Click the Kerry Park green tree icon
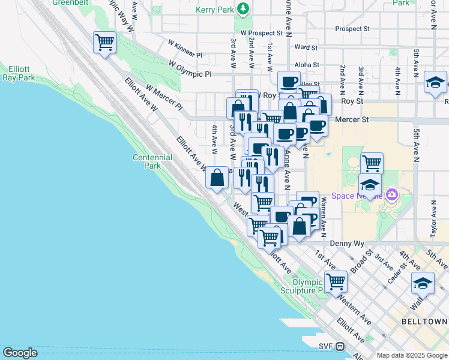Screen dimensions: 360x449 tap(243, 8)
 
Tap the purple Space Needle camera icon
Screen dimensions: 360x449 tap(392, 195)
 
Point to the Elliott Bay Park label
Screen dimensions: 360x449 tap(19, 73)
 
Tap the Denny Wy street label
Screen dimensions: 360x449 tap(348, 244)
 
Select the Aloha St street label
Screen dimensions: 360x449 tap(306, 65)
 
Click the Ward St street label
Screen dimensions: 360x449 tap(306, 47)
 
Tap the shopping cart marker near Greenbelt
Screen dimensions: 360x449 tap(104, 43)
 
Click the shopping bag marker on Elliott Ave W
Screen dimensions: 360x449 tap(217, 178)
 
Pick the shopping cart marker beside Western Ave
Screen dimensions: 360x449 tap(336, 281)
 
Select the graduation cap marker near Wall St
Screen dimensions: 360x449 tap(423, 283)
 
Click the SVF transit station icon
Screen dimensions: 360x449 tap(340, 346)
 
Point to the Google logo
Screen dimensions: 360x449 tap(20, 353)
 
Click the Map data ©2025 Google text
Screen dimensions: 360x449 tap(412, 355)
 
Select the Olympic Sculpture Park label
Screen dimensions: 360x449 tap(303, 286)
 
